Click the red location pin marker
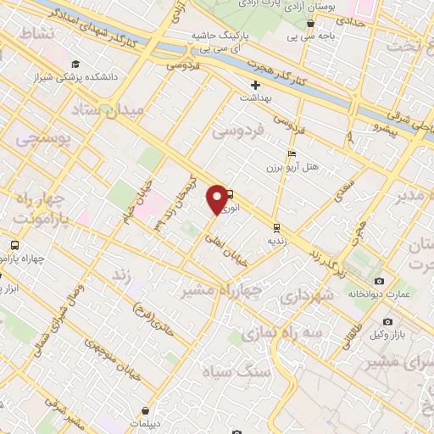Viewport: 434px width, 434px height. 218,199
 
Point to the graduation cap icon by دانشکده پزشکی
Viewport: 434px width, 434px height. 77,64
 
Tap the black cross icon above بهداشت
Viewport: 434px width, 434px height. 255,85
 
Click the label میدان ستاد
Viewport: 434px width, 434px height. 108,110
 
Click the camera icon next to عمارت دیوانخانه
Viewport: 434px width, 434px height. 379,281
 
